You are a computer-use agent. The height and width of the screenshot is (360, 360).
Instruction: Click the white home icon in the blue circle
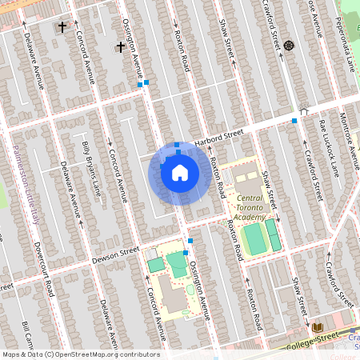point(179,173)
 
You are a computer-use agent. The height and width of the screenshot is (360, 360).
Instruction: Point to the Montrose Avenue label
point(346,135)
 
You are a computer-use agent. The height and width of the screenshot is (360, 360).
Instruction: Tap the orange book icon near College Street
point(316,327)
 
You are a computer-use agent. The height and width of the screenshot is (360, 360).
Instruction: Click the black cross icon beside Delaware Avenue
point(62,27)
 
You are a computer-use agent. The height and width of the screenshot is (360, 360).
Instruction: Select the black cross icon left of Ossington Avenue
point(121,47)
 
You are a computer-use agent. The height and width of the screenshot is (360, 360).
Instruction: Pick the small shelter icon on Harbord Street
point(304,112)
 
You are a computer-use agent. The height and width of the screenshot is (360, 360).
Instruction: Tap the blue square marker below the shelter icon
point(294,121)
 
